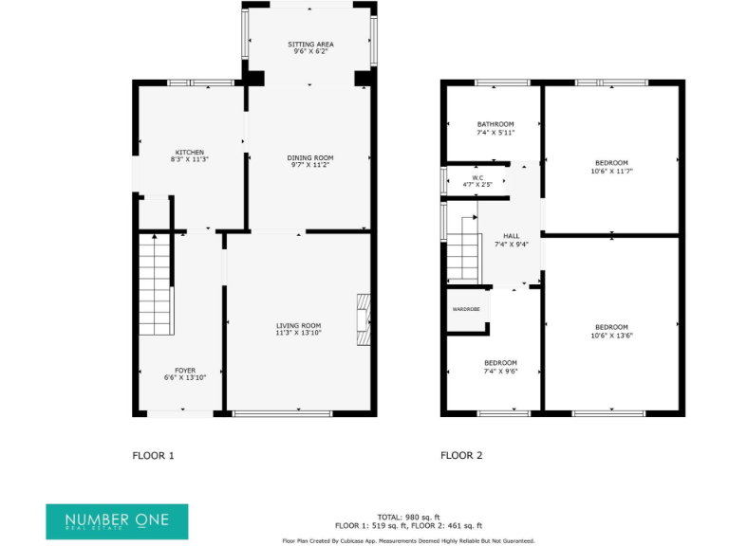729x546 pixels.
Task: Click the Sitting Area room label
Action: tap(310, 45)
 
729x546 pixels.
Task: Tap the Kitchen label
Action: tap(189, 152)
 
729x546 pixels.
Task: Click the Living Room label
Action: tap(298, 325)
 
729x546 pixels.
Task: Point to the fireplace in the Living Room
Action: tap(363, 321)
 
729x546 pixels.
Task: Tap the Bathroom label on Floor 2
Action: tap(495, 124)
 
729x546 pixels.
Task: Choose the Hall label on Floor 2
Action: tap(511, 235)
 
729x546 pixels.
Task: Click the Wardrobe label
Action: tap(465, 309)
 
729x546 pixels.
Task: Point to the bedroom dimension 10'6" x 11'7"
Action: tap(610, 172)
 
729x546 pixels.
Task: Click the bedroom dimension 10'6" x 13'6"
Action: tap(610, 335)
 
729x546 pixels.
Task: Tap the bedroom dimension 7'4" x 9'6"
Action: tap(500, 371)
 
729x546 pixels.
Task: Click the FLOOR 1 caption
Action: tap(153, 456)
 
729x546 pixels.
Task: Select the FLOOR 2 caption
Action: tap(461, 456)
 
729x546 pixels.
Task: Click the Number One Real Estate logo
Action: tap(117, 521)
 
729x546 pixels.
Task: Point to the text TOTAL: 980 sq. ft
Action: tap(408, 517)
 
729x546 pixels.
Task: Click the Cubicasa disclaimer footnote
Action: tap(408, 540)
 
